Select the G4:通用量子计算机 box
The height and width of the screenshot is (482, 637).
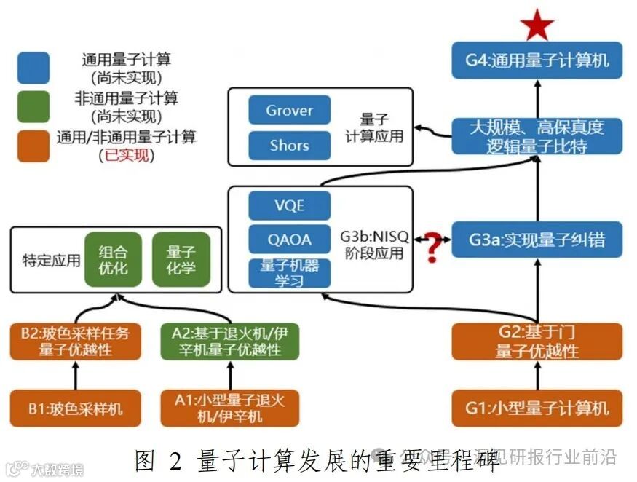click(x=537, y=61)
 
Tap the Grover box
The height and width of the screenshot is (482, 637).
click(x=289, y=111)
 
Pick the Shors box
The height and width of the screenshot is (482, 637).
click(x=289, y=145)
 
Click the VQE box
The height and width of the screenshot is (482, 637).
click(x=289, y=205)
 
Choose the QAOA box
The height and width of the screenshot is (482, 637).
click(x=289, y=240)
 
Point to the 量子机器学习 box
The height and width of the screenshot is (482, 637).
click(x=289, y=272)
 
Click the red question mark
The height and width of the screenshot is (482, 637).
click(x=434, y=246)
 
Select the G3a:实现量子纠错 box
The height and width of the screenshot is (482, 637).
click(x=537, y=240)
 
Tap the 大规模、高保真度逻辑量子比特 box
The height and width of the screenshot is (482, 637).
click(x=537, y=136)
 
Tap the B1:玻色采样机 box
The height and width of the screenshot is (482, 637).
click(x=75, y=408)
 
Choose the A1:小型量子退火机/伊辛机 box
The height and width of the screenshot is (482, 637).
click(x=230, y=408)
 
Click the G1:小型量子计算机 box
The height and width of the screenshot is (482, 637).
click(x=537, y=408)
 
